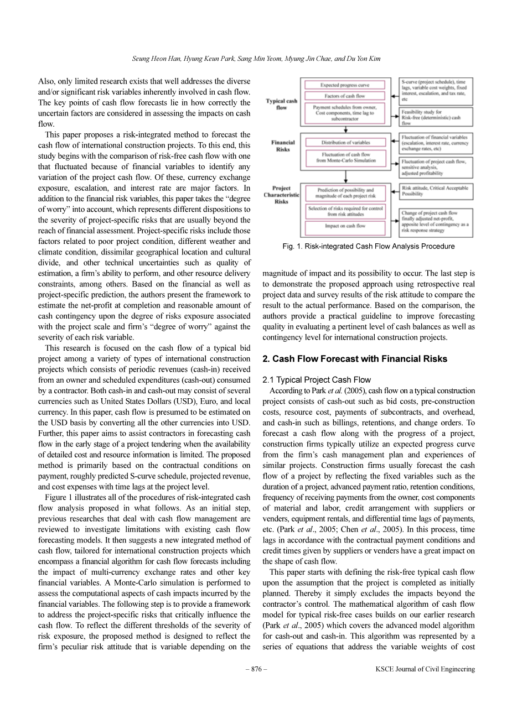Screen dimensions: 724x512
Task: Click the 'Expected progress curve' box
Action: [x=345, y=85]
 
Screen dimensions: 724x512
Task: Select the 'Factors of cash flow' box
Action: [x=345, y=96]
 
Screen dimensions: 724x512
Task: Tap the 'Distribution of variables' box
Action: [x=345, y=143]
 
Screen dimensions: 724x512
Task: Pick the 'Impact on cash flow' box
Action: [x=345, y=226]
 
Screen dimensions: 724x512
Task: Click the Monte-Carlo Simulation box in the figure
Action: [x=345, y=158]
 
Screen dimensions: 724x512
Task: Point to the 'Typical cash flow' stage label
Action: [x=281, y=104]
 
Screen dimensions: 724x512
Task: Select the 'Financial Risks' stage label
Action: [x=283, y=146]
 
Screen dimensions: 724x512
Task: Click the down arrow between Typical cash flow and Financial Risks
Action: [x=346, y=129]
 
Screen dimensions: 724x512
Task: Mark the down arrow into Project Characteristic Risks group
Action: [x=346, y=176]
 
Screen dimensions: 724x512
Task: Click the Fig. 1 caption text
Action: [x=368, y=246]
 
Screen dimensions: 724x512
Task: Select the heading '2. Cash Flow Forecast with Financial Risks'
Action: [x=355, y=359]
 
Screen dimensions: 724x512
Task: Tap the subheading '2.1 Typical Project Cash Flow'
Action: [x=317, y=380]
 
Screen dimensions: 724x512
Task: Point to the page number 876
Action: [x=256, y=669]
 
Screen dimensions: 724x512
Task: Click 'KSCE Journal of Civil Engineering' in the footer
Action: [x=425, y=669]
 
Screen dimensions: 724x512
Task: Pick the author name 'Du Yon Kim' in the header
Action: [x=366, y=59]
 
